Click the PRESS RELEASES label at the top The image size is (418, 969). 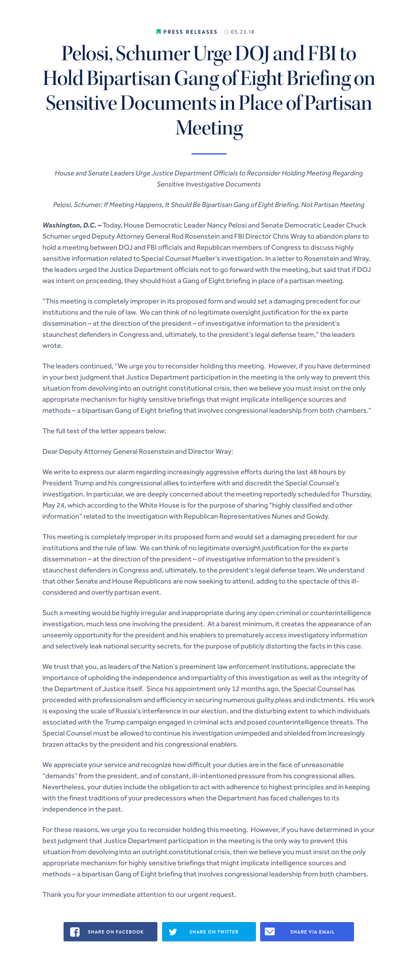[190, 32]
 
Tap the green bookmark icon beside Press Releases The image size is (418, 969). [159, 32]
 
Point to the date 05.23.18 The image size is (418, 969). [242, 32]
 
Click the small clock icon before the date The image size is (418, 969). [226, 32]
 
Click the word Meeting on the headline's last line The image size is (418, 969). [209, 128]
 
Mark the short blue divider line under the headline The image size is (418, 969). [209, 154]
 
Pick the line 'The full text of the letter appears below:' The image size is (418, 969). [104, 431]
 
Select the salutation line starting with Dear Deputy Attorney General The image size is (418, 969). [138, 452]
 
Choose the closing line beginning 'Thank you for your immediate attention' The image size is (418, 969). [139, 895]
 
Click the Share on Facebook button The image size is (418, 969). [110, 932]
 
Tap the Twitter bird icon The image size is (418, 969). [173, 932]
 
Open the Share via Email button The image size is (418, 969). [307, 932]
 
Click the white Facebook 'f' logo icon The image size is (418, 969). [75, 932]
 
